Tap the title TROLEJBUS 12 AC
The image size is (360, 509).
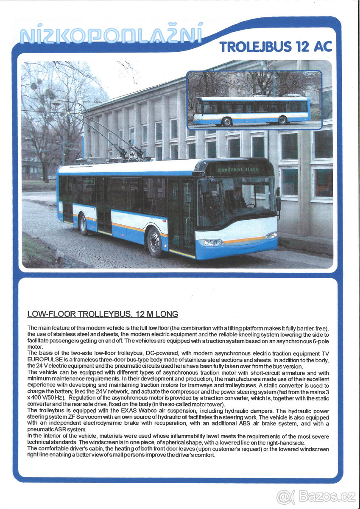tap(276, 47)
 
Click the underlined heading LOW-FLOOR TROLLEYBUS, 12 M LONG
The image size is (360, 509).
tap(102, 314)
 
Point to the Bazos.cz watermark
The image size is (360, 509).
tap(316, 496)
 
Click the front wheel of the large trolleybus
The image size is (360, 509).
tap(155, 242)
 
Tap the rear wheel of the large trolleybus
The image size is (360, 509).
tap(84, 224)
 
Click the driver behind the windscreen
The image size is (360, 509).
tap(237, 197)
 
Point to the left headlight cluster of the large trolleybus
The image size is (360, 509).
tap(211, 242)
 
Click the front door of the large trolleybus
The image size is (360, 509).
tap(181, 216)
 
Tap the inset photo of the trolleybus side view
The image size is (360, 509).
tap(254, 100)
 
